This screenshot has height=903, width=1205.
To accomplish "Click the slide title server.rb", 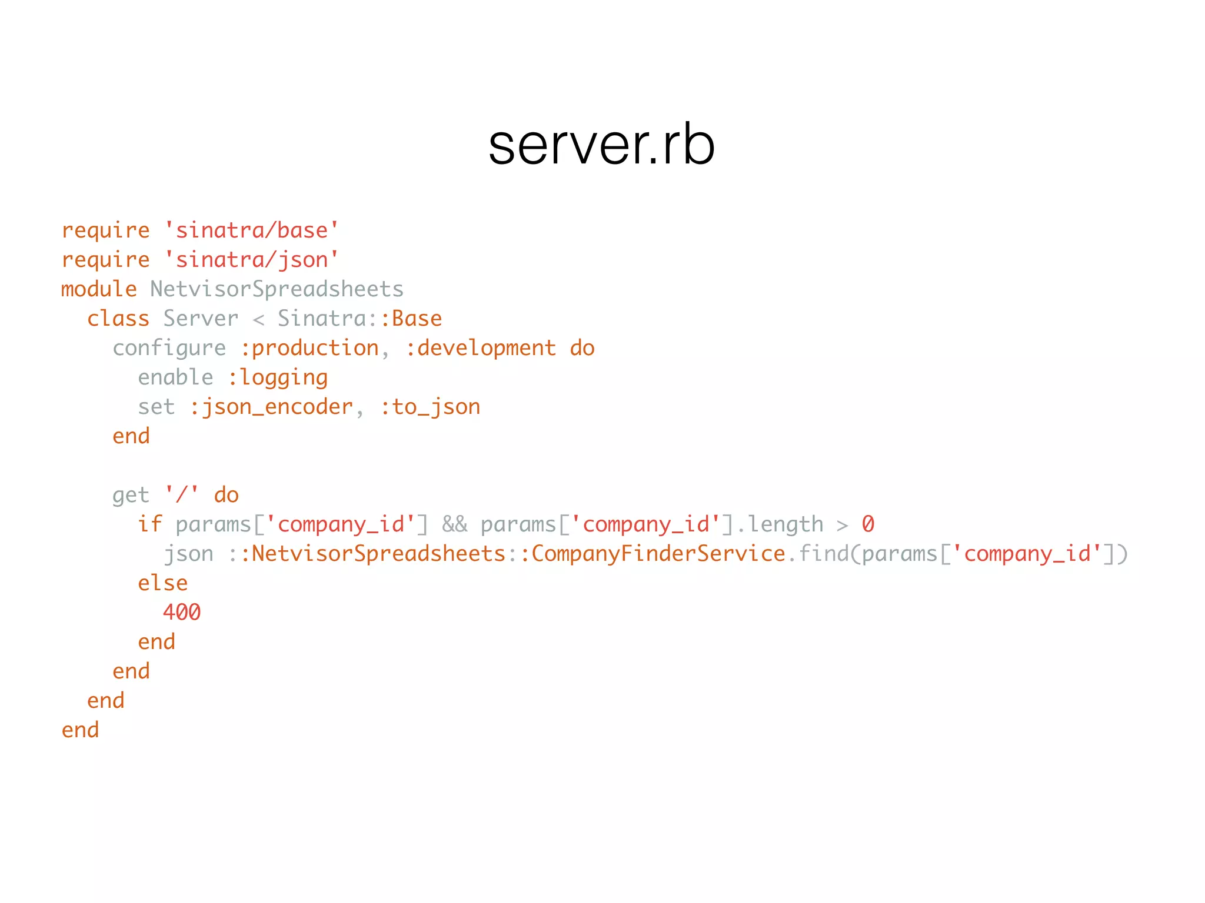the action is pyautogui.click(x=601, y=146).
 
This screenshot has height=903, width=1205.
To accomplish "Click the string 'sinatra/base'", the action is pyautogui.click(x=251, y=230).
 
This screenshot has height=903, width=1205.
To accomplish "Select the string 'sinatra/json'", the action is pyautogui.click(x=251, y=260).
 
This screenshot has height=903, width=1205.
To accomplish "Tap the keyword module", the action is pyautogui.click(x=99, y=289).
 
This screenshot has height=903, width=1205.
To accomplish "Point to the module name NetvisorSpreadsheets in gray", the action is pyautogui.click(x=277, y=289).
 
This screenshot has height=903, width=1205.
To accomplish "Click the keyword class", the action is pyautogui.click(x=118, y=319).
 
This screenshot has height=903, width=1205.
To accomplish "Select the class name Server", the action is pyautogui.click(x=201, y=319).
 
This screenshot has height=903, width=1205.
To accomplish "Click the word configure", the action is pyautogui.click(x=169, y=348).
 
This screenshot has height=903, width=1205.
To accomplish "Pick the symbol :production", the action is pyautogui.click(x=309, y=348).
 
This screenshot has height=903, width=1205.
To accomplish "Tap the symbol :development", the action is pyautogui.click(x=481, y=348).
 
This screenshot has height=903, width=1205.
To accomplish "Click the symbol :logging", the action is pyautogui.click(x=278, y=377).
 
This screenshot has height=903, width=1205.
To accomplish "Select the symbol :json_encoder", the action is pyautogui.click(x=271, y=407).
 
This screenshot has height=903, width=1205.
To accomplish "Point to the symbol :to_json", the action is pyautogui.click(x=430, y=407).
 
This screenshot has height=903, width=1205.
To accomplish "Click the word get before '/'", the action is pyautogui.click(x=131, y=495).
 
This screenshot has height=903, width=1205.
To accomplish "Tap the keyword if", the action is pyautogui.click(x=149, y=524).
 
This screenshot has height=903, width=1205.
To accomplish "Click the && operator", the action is pyautogui.click(x=455, y=524).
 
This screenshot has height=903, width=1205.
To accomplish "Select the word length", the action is pyautogui.click(x=785, y=524).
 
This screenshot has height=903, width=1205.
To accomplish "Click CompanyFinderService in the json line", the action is pyautogui.click(x=658, y=554).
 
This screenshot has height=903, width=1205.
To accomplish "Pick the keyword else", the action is pyautogui.click(x=162, y=583).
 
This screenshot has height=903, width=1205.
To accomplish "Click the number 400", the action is pyautogui.click(x=182, y=613).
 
